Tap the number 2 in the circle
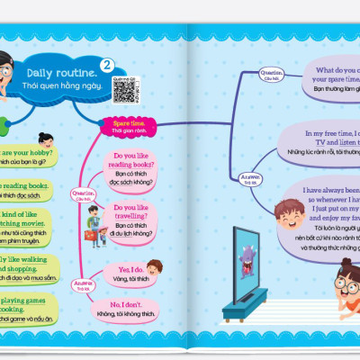108,65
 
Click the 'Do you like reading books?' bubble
130,170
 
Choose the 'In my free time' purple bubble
333,140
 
